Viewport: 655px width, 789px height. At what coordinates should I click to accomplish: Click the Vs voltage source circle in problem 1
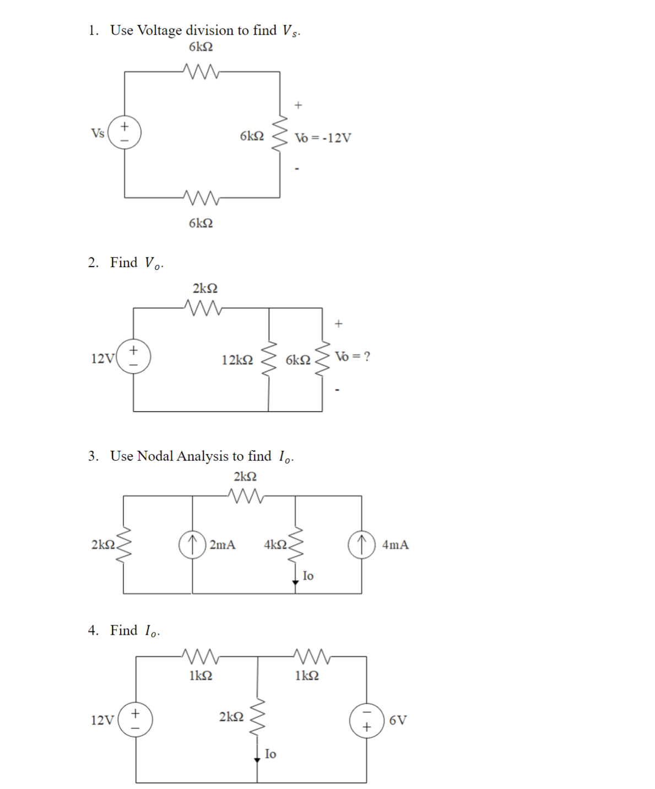(x=124, y=133)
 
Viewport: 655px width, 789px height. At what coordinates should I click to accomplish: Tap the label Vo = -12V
(x=323, y=138)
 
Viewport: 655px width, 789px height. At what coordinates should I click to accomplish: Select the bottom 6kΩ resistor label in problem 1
(x=201, y=223)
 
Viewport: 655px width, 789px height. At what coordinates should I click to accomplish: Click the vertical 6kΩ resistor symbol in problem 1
(x=280, y=134)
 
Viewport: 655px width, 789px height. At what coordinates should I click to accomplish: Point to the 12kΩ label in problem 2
(x=237, y=360)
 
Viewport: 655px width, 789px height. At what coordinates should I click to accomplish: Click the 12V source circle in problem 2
(x=134, y=356)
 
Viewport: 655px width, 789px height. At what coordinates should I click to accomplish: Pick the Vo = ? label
(x=353, y=356)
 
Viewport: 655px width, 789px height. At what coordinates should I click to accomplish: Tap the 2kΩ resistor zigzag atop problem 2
(x=204, y=308)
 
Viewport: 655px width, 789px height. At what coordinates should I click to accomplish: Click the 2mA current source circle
(x=192, y=544)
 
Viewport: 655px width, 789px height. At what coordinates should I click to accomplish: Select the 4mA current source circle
(x=361, y=544)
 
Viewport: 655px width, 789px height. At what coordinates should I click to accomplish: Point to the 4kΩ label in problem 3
(x=275, y=544)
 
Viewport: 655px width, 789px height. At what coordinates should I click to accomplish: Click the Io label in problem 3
(x=308, y=576)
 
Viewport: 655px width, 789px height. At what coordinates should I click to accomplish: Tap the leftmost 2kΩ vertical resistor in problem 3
(x=124, y=544)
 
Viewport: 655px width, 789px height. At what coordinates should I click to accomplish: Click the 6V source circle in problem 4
(x=366, y=720)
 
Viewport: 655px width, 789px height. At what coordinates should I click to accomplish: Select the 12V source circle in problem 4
(x=136, y=720)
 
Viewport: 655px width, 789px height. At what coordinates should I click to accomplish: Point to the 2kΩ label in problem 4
(x=231, y=717)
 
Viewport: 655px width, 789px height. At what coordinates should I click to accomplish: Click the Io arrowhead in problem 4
(x=257, y=760)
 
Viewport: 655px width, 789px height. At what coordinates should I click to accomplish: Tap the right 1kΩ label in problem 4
(x=307, y=675)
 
